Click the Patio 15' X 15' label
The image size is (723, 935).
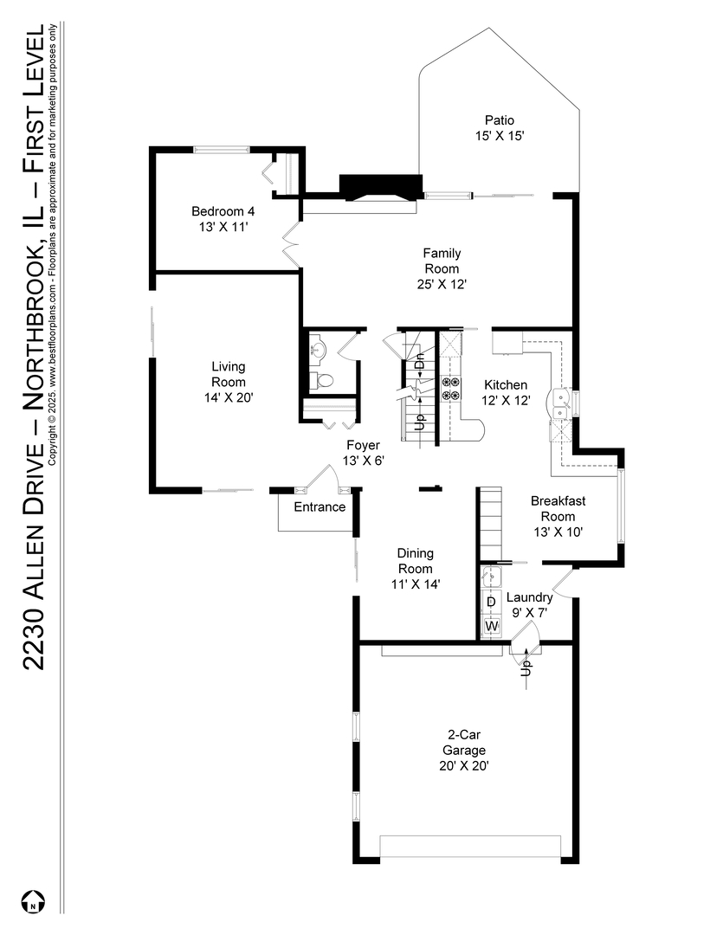pos(500,128)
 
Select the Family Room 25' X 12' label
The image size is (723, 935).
pos(442,268)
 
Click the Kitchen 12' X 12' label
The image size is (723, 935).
pos(505,393)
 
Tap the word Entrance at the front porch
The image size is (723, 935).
pos(320,507)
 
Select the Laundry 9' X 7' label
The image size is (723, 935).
pos(529,605)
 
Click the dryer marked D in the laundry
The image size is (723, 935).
pos(491,602)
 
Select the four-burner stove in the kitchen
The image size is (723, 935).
pos(451,389)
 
